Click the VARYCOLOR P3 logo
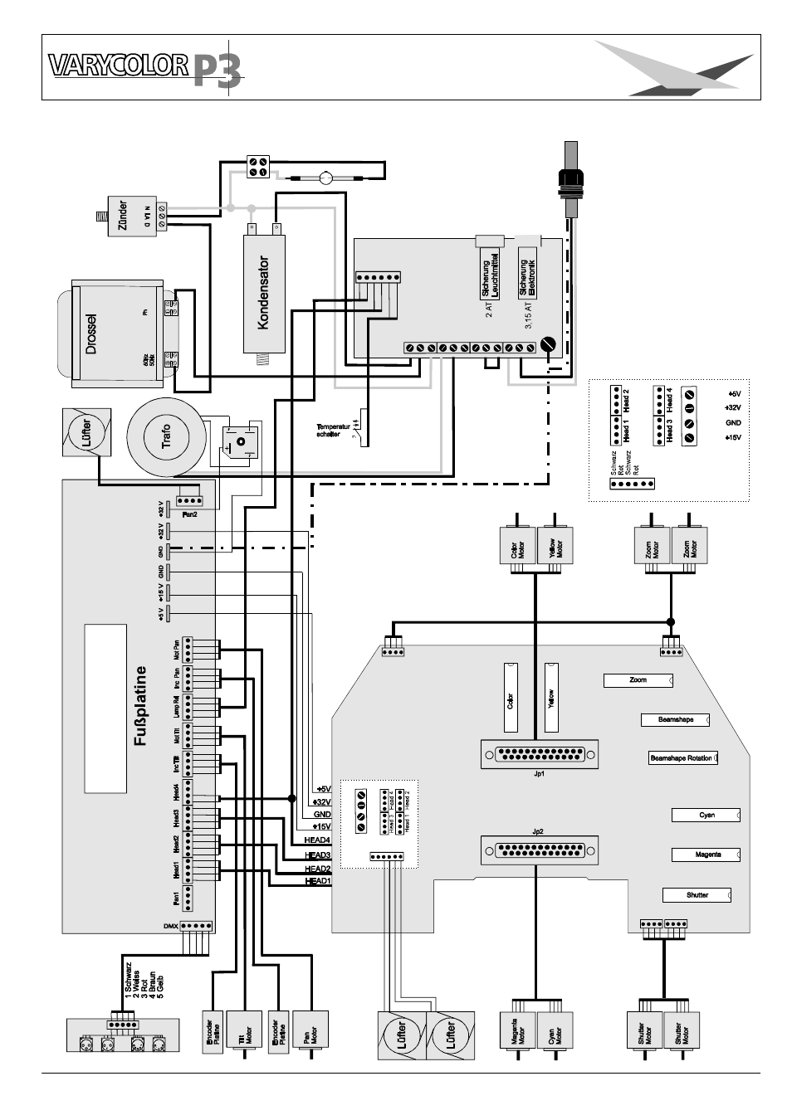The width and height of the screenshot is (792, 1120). click(x=145, y=68)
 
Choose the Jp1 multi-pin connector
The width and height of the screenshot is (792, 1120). click(x=539, y=754)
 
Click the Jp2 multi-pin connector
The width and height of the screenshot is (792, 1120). click(x=539, y=851)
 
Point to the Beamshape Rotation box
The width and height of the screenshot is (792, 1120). click(x=682, y=757)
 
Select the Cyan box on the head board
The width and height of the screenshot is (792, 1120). click(x=706, y=816)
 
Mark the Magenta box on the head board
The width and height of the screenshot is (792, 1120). click(x=706, y=855)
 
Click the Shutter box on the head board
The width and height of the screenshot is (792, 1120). click(x=697, y=895)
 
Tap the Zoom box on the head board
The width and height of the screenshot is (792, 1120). click(x=638, y=680)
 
